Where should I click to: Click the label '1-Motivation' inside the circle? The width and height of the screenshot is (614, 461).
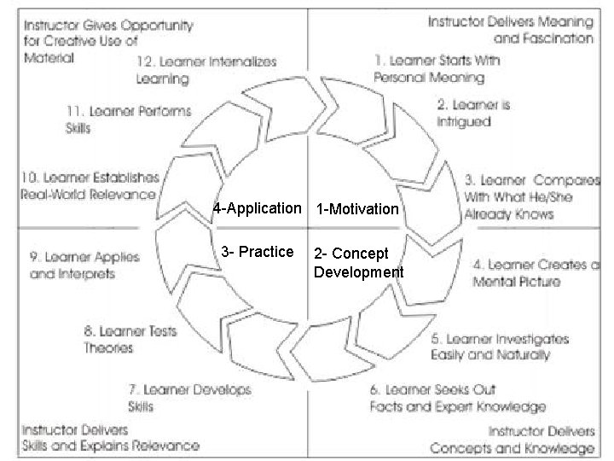(357, 209)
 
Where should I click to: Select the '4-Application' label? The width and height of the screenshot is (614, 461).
(257, 208)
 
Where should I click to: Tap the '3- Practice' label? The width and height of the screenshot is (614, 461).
(257, 252)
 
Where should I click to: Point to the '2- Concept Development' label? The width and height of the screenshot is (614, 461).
(358, 263)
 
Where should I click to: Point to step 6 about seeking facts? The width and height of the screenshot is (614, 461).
(457, 398)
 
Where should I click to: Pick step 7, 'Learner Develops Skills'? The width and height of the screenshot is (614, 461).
(189, 397)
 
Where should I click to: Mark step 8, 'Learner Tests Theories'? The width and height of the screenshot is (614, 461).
(130, 339)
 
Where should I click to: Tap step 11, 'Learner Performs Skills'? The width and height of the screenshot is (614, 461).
(128, 120)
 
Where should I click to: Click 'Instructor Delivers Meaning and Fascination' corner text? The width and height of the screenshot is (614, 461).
(510, 28)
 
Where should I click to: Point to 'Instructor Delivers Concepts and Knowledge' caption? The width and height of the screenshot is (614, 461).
(512, 440)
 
